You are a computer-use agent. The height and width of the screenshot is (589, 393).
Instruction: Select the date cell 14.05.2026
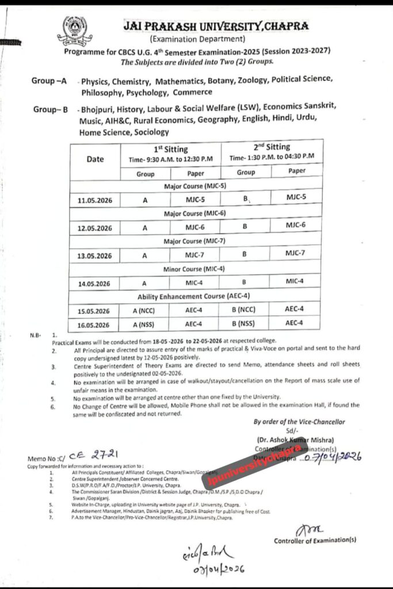pos(95,283)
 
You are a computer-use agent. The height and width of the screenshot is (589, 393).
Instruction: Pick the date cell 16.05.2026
pos(95,324)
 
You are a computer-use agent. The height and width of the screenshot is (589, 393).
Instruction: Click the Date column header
pos(95,159)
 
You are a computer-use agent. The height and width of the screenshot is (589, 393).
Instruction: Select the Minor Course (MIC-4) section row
pos(195,269)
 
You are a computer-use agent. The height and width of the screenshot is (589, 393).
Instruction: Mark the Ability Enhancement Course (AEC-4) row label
pos(195,297)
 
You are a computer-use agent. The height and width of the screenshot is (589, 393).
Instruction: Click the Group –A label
pos(49,82)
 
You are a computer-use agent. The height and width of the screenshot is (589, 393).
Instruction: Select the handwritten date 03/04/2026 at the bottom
pos(212,568)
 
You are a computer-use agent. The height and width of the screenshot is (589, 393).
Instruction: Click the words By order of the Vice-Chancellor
pos(299,422)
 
